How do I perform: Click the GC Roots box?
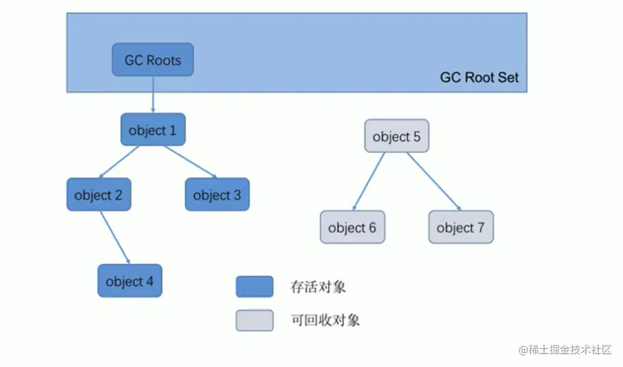tap(153, 60)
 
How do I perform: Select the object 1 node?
tap(153, 130)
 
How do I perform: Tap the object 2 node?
tap(99, 195)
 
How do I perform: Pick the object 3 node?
tap(217, 195)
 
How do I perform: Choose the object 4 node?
tap(129, 281)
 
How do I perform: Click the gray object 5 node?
tap(397, 136)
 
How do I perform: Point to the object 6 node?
tap(352, 227)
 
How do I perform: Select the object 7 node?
tap(460, 227)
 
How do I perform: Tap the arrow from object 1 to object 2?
tap(120, 161)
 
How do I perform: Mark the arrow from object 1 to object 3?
tap(189, 161)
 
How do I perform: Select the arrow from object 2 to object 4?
tap(114, 237)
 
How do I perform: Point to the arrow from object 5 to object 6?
tap(369, 180)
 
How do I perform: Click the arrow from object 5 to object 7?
tap(433, 181)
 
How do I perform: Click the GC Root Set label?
tap(479, 77)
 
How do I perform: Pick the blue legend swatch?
tap(254, 286)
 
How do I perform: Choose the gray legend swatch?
tap(254, 320)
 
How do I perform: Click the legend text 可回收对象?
tap(325, 320)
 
